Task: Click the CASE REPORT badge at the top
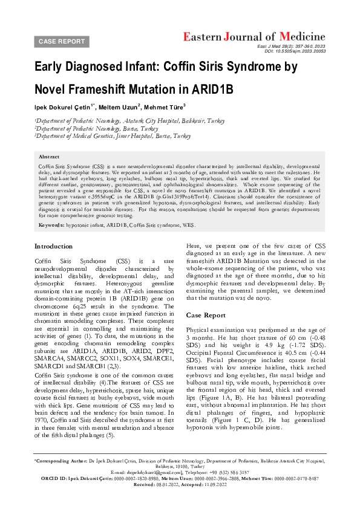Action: [x=62, y=41]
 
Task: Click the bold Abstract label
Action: [x=50, y=156]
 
